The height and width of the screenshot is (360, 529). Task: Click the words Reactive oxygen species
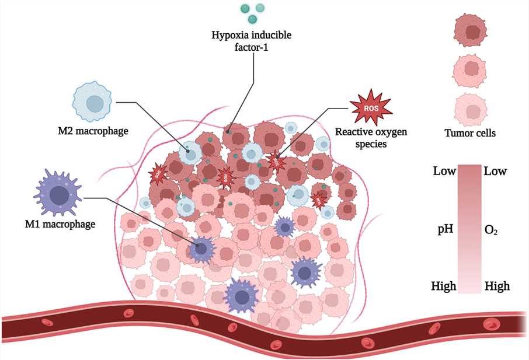371,137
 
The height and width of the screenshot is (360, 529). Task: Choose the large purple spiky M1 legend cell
58,194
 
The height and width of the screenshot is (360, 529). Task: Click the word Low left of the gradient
444,172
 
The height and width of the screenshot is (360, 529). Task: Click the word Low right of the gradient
495,172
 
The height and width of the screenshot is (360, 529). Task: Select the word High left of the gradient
444,286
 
